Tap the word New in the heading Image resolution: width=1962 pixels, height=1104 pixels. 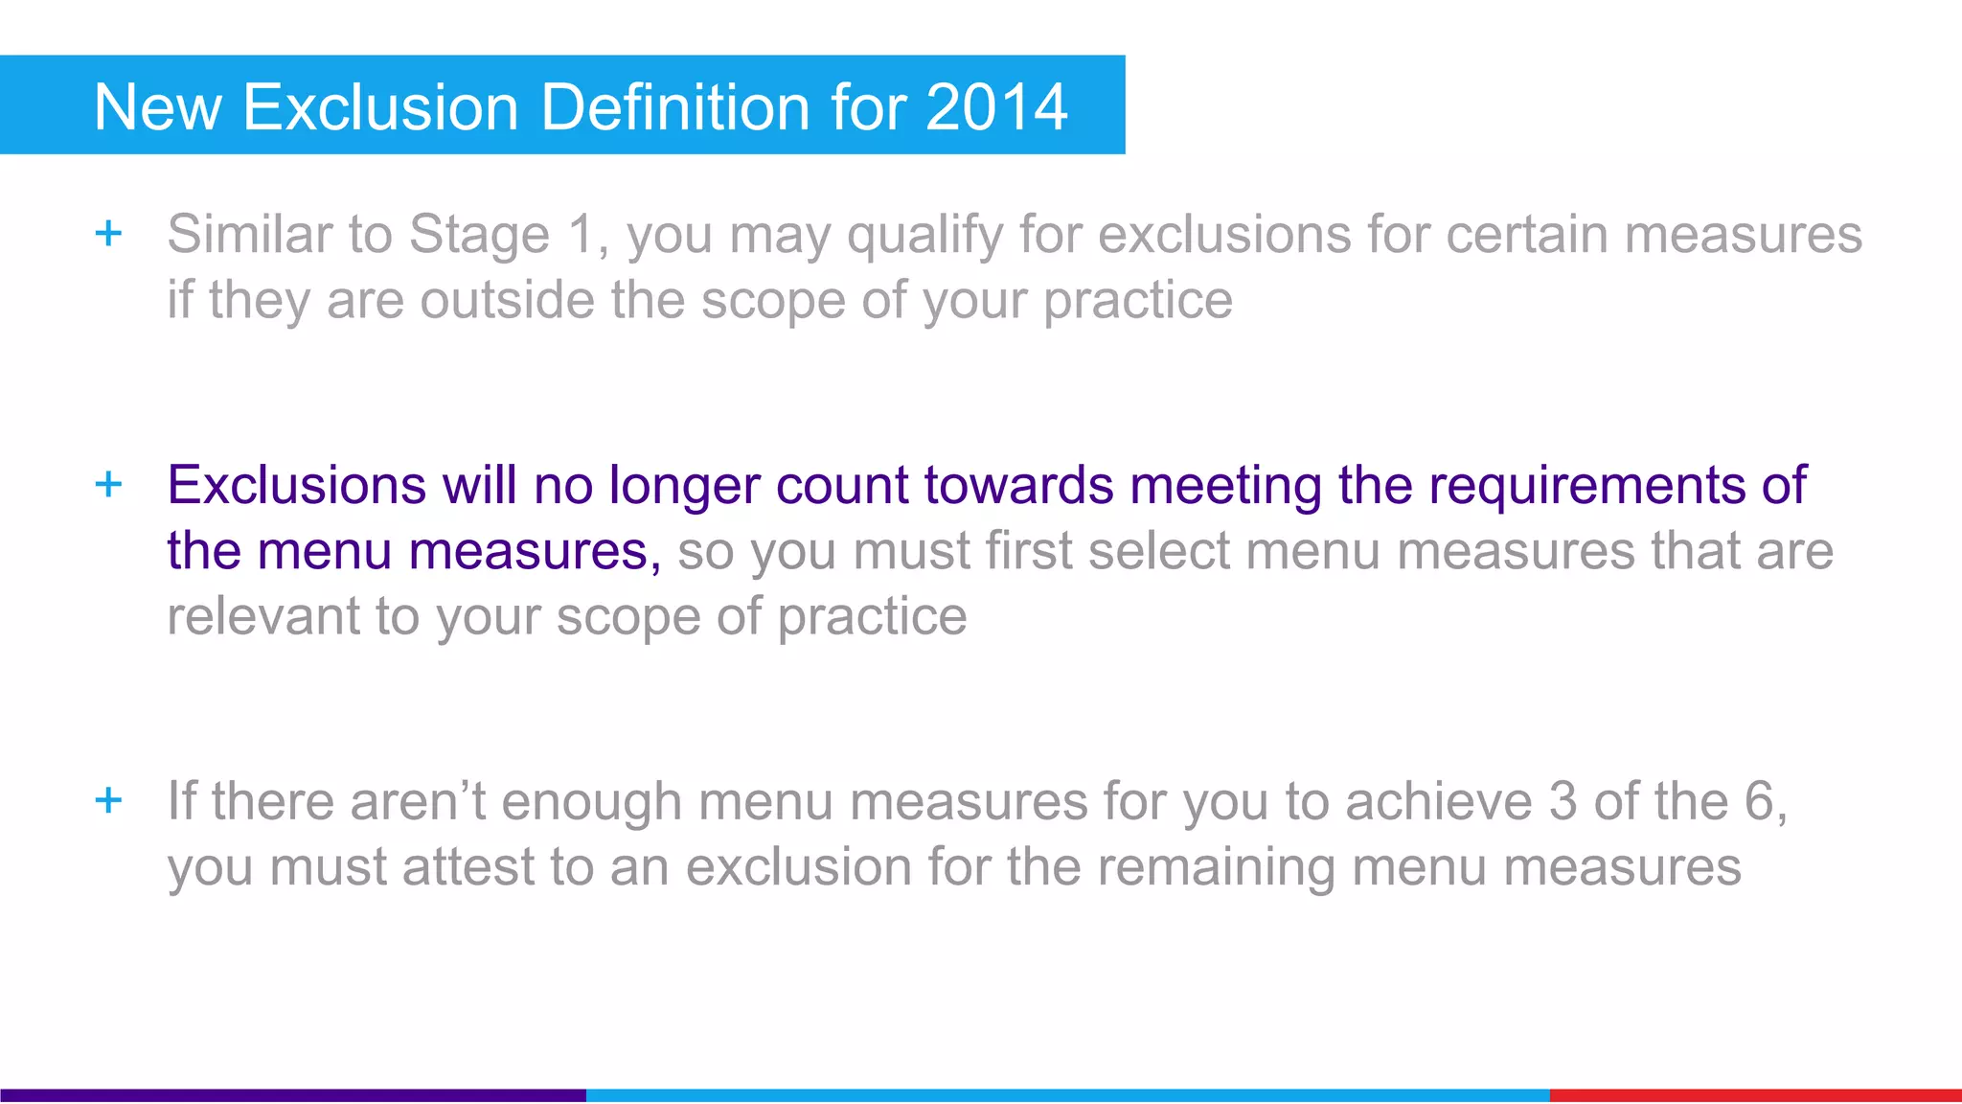pos(158,106)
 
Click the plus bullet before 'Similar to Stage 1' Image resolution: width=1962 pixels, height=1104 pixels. pos(109,233)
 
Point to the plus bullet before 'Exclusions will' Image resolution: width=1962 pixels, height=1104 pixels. pos(109,484)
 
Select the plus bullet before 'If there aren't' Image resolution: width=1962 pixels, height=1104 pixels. pos(109,799)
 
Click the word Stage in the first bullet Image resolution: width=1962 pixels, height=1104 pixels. pos(479,235)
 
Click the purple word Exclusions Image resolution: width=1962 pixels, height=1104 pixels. pos(296,485)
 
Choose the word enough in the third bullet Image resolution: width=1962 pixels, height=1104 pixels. pos(590,802)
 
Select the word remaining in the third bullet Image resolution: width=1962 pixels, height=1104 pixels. pos(1216,868)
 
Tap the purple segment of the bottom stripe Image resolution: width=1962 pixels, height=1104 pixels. pos(292,1094)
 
